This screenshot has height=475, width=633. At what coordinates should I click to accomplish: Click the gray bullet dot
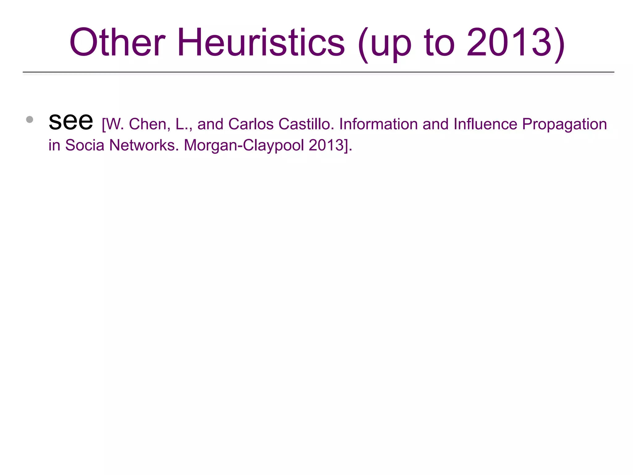(30, 119)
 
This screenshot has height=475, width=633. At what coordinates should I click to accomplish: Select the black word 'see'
(71, 121)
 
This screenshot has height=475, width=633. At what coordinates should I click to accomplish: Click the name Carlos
(251, 124)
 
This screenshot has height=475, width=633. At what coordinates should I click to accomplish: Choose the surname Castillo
(306, 124)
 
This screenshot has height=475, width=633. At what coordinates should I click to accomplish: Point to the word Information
(378, 124)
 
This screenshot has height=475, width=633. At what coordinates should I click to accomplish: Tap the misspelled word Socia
(85, 145)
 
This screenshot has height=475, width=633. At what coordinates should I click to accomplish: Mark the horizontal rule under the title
(318, 72)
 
